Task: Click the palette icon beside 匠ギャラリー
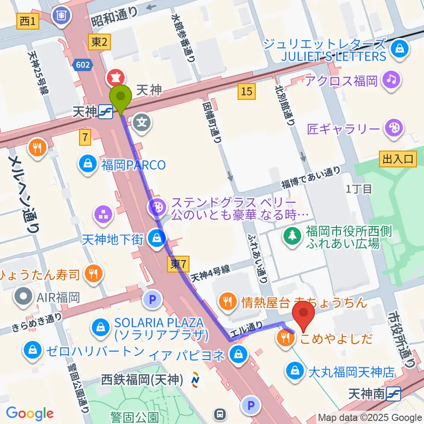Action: click(391, 129)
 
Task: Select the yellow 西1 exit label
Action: click(27, 21)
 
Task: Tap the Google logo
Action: click(30, 413)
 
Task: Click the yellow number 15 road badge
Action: click(247, 91)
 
